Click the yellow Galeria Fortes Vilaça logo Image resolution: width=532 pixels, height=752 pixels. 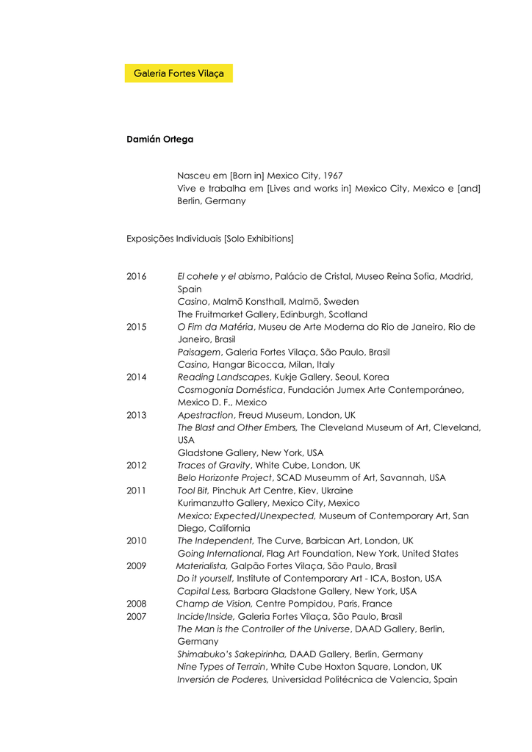tap(179, 73)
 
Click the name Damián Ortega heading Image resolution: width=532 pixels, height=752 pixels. tap(159, 139)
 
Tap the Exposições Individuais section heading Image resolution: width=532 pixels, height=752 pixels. tap(209, 239)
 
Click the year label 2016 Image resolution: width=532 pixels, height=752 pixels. tap(136, 277)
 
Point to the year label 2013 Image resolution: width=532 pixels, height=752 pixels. tap(136, 415)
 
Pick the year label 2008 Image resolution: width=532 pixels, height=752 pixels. tap(136, 604)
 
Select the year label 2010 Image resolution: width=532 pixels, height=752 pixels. tap(136, 540)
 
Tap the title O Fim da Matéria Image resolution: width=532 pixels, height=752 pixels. tap(215, 327)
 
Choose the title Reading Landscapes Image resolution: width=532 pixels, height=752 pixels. tap(223, 377)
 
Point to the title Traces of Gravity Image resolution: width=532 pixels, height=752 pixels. tap(214, 466)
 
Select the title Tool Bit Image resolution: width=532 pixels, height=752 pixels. tap(193, 491)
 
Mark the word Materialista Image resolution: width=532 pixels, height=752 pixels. tap(201, 566)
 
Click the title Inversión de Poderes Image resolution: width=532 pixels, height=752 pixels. tap(223, 679)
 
